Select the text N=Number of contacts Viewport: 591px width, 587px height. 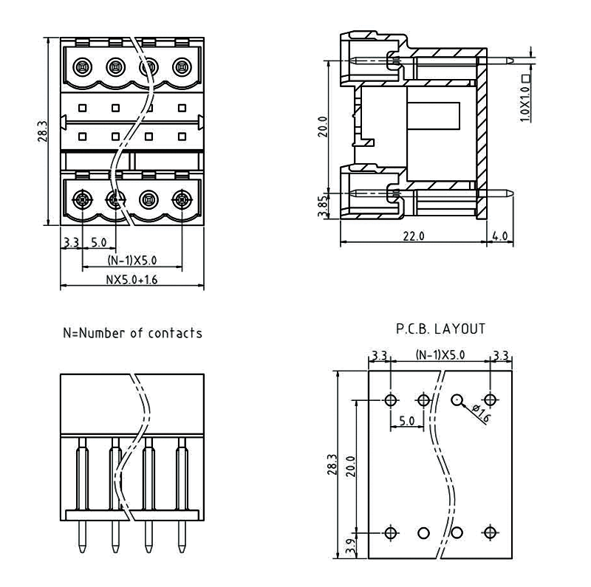click(x=132, y=333)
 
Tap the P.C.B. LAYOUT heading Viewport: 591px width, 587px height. click(x=441, y=329)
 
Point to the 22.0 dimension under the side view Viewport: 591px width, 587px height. click(x=413, y=236)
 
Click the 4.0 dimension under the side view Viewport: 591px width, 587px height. click(x=499, y=236)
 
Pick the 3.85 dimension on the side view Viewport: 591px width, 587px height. click(x=322, y=206)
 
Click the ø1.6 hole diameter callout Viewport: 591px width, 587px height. click(x=481, y=416)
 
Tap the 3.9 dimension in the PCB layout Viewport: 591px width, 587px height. click(x=349, y=546)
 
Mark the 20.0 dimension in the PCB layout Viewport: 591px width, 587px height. click(x=351, y=467)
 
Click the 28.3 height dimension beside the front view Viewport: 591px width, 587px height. click(x=43, y=131)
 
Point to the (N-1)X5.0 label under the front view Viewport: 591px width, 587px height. click(x=131, y=261)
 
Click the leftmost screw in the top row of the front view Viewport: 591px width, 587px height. click(x=81, y=68)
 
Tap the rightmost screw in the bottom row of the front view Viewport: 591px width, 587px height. click(x=182, y=199)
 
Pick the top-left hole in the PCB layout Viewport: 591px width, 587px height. click(x=391, y=400)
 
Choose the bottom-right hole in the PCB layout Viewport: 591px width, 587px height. click(x=491, y=532)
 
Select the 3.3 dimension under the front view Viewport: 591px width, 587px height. click(x=71, y=241)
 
